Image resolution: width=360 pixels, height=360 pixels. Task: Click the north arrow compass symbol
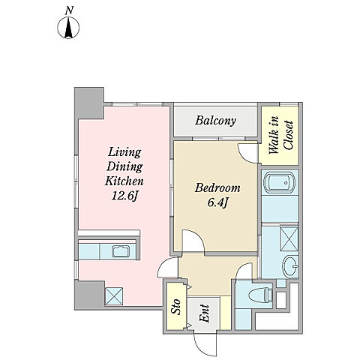pos(68,28)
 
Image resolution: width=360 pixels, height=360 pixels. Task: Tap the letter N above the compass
pos(69,10)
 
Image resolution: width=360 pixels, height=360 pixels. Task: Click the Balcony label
pos(215,121)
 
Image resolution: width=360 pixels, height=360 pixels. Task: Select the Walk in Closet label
pos(281,135)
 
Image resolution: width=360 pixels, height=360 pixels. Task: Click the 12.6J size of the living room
pos(124,196)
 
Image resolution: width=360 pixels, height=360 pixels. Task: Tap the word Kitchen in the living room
pos(124,181)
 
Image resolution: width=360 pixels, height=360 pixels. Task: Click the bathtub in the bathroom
pos(280,182)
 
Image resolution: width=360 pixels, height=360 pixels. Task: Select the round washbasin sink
pos(290,266)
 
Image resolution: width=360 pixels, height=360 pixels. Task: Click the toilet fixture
pos(260,294)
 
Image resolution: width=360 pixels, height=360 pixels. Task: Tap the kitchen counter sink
pos(121,251)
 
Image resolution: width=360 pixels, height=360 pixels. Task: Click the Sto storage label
pos(175,307)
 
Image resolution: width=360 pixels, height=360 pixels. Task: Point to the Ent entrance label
pos(204,313)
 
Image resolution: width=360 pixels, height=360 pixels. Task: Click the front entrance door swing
pos(203,344)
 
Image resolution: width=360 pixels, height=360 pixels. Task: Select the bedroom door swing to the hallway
pos(193,241)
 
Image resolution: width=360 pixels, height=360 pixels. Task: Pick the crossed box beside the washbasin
pos(289,239)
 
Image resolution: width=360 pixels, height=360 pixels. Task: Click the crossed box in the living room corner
pos(114,296)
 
